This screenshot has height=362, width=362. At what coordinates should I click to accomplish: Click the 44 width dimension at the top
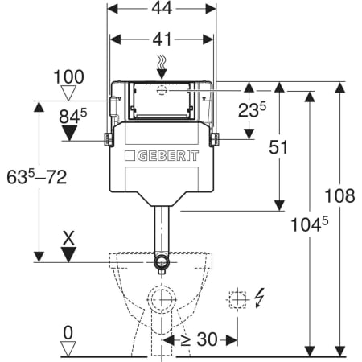click(162, 9)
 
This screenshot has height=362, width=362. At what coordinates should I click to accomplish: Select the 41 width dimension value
click(162, 39)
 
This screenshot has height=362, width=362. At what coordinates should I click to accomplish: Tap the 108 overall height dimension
click(339, 195)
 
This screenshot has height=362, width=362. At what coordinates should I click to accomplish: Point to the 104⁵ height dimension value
click(309, 224)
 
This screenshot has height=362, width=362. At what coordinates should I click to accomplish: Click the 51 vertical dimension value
click(278, 147)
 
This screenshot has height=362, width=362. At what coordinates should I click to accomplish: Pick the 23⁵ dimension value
click(252, 109)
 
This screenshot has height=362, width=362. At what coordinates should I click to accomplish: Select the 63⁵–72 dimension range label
click(37, 177)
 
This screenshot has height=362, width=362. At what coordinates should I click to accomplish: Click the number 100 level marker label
click(68, 77)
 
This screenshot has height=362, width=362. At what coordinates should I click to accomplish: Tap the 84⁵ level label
click(73, 116)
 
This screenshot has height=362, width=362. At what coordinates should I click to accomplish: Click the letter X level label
click(68, 239)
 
